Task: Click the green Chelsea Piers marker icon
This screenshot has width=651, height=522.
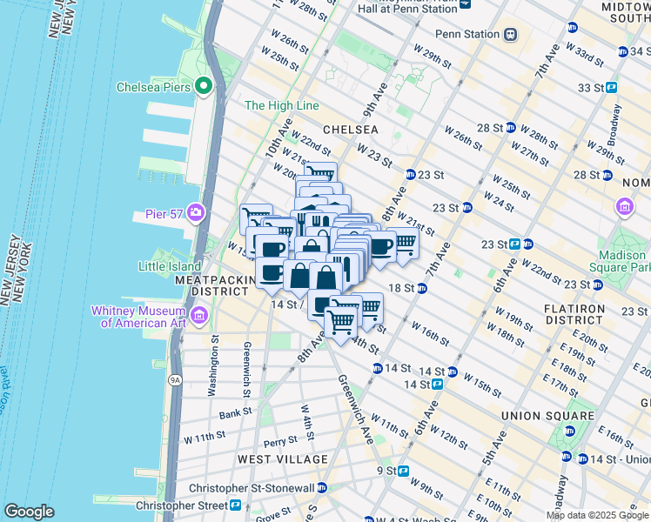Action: (x=204, y=86)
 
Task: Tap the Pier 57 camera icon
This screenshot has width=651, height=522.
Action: (x=197, y=212)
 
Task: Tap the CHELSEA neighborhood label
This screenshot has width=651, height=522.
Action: (x=350, y=130)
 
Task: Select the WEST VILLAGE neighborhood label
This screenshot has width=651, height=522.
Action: (x=284, y=458)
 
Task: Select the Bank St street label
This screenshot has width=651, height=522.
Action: (x=235, y=414)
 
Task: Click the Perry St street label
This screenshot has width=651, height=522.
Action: (x=280, y=441)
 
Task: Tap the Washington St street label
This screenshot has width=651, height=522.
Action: (x=212, y=371)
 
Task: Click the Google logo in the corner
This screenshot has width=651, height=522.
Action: (x=29, y=512)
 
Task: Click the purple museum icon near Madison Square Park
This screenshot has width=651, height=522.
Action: (x=624, y=207)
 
